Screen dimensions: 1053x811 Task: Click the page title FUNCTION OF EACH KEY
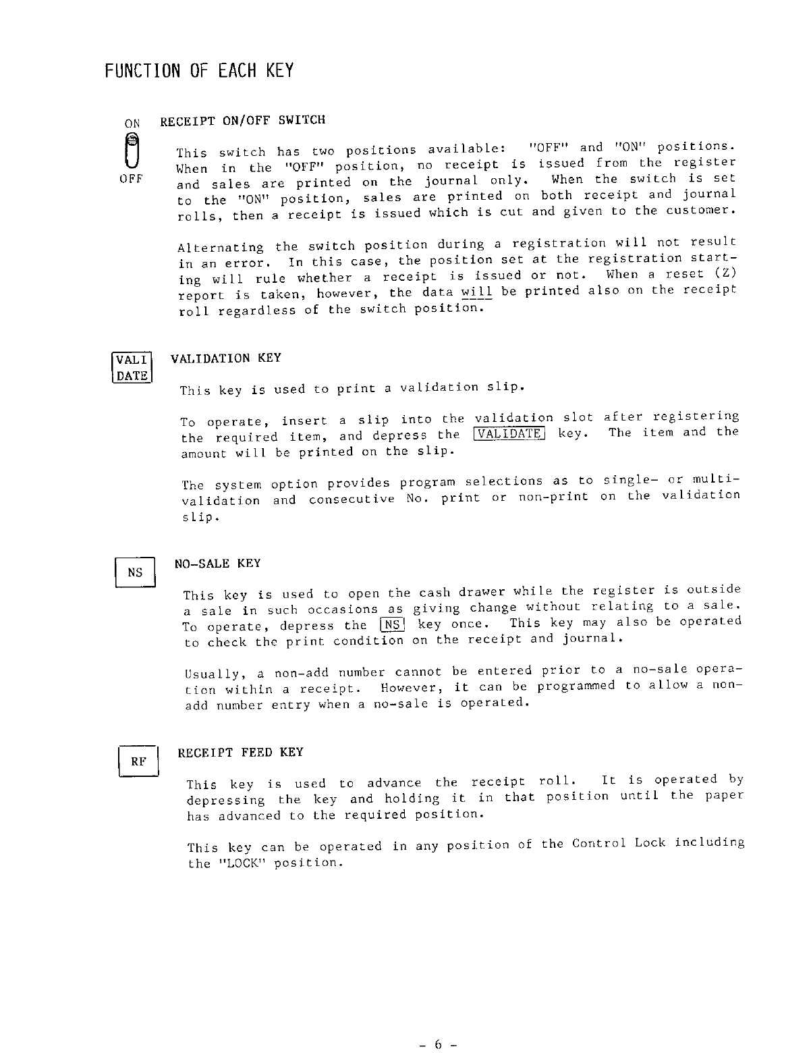199,70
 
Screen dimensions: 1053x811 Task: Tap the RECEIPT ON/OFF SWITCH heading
242,121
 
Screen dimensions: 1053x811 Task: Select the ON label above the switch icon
132,124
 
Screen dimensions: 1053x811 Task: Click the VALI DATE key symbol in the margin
132,367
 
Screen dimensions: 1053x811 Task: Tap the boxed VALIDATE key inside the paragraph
509,434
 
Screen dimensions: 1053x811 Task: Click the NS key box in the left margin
135,572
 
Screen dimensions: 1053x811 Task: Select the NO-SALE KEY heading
217,563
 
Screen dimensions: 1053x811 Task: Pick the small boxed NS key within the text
392,625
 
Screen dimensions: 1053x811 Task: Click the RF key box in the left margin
138,761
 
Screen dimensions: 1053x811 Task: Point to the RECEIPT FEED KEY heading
240,752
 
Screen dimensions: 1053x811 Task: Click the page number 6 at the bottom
437,1045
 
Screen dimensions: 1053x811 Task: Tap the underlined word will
476,292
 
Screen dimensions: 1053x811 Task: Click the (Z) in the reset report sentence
725,274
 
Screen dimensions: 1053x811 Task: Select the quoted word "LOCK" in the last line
241,863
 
